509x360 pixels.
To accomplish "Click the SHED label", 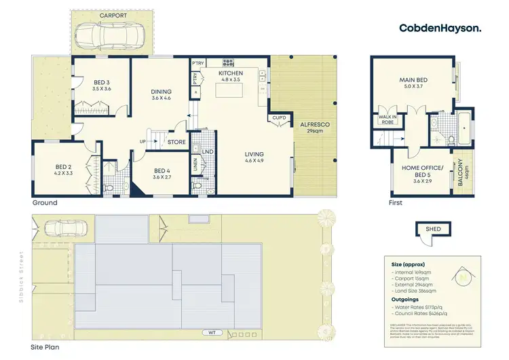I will tap(432, 230).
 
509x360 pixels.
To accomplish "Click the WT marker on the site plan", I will tap(213, 332).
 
